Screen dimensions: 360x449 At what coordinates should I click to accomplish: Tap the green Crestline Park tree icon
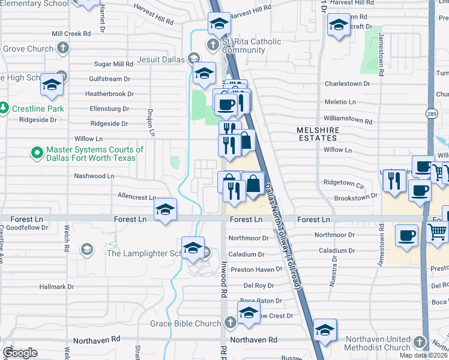[4, 108]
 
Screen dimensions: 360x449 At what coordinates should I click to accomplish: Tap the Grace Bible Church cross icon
[229, 323]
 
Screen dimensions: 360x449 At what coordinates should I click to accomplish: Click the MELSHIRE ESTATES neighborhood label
[318, 134]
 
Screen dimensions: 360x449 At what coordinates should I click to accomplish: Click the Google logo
[20, 353]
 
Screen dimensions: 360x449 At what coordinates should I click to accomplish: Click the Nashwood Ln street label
[94, 176]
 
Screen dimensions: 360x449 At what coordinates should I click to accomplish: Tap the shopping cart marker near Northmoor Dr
[438, 231]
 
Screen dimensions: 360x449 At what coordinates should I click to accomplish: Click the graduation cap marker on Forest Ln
[165, 210]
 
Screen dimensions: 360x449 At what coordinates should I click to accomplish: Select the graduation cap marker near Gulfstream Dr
[52, 86]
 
